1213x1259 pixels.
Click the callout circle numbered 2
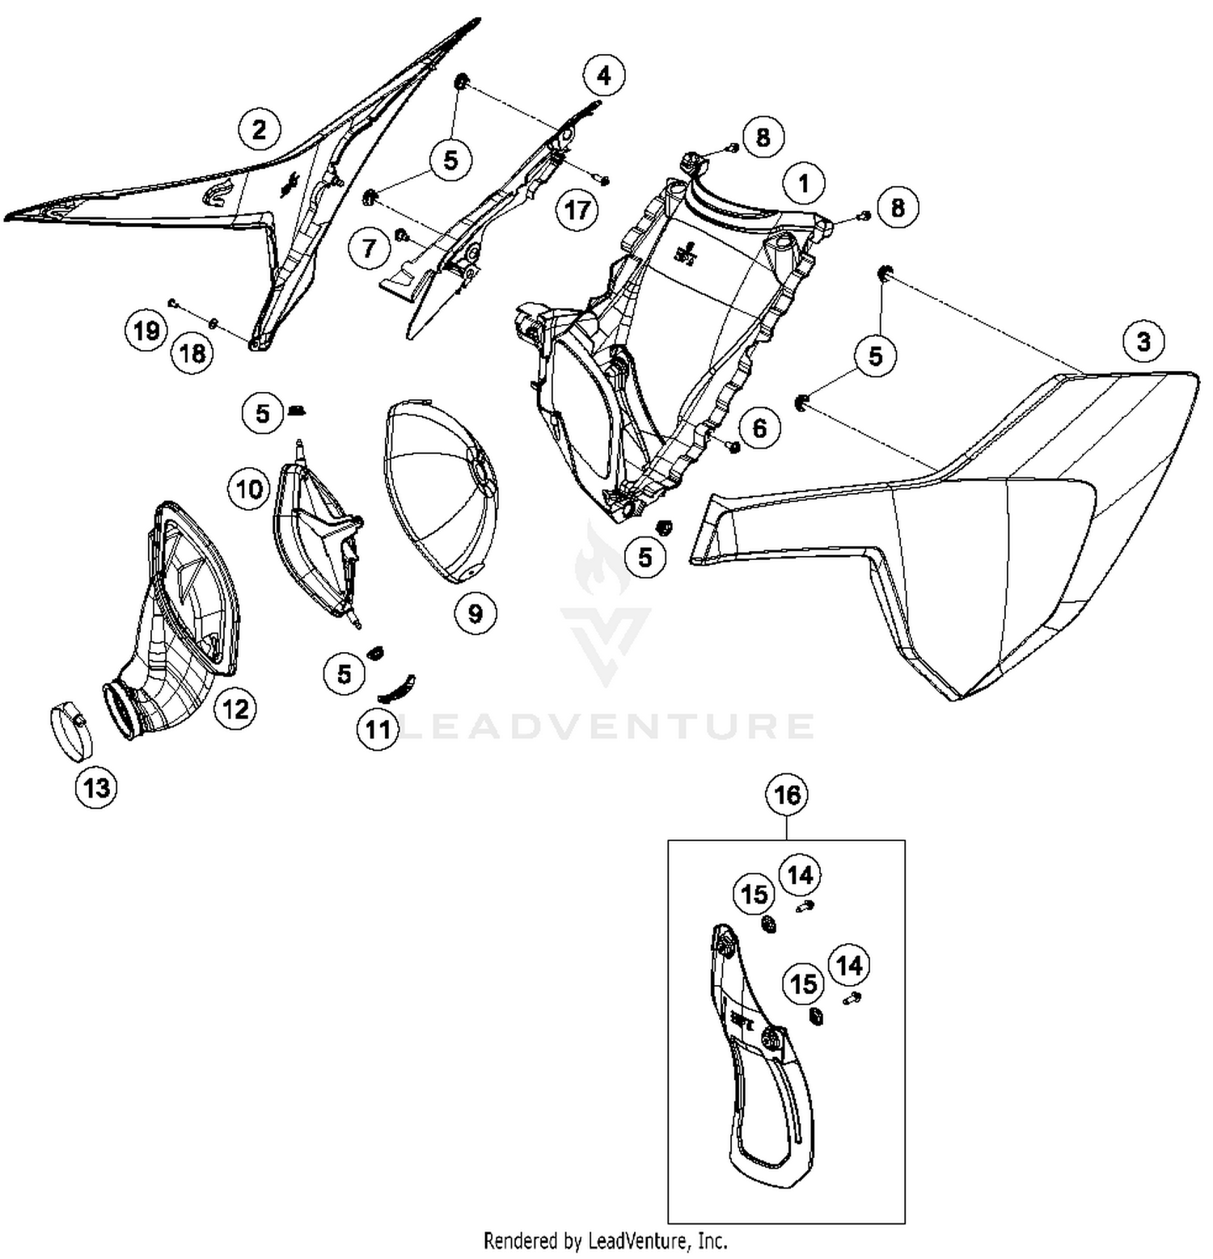(x=259, y=129)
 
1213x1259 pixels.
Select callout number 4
(x=604, y=75)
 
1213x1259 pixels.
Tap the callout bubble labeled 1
(x=803, y=183)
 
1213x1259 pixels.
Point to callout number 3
(x=1143, y=341)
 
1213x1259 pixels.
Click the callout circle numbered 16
(x=788, y=795)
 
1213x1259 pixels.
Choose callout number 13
(x=96, y=786)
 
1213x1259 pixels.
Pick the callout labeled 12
(x=235, y=709)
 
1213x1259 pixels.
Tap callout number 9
(x=475, y=613)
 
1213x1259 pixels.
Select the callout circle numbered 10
(x=250, y=488)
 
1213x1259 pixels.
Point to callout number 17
(x=577, y=210)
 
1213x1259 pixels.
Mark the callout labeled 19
(x=146, y=331)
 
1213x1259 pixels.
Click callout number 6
(x=759, y=427)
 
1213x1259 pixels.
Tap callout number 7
(x=370, y=247)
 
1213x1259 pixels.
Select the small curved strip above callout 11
(x=397, y=688)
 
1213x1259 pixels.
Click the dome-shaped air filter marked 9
(x=441, y=490)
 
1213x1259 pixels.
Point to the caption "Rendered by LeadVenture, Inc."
(x=606, y=1240)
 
